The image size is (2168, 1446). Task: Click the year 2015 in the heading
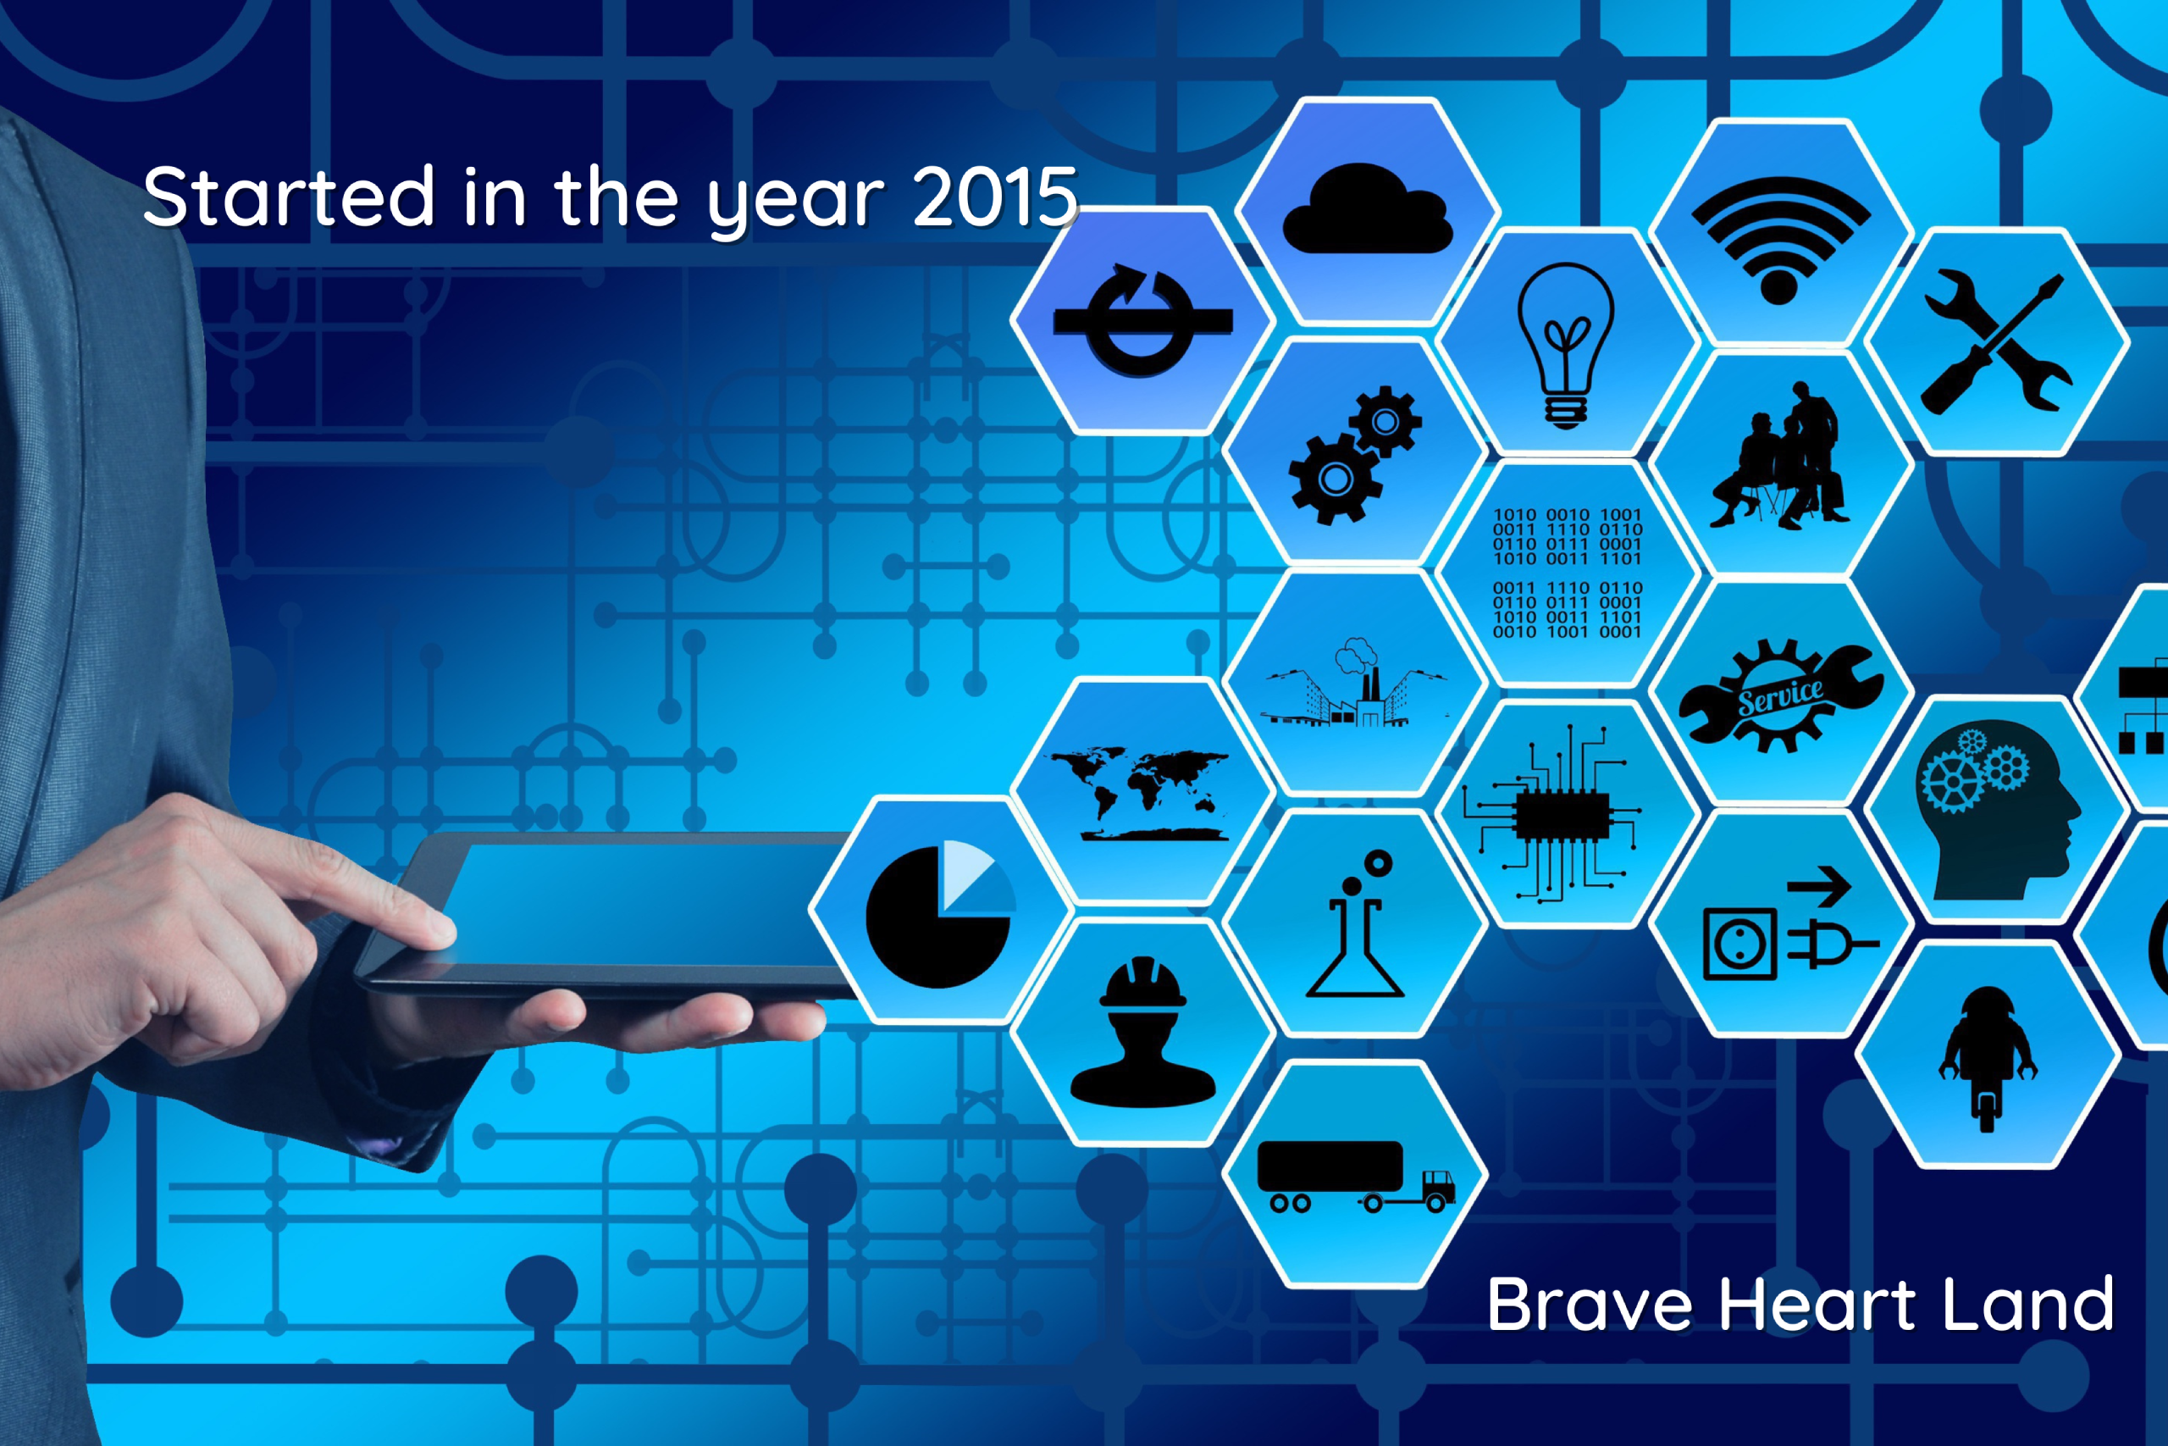pos(996,197)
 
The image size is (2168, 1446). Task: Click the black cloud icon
pos(1367,208)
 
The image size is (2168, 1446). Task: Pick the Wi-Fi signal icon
pos(1780,240)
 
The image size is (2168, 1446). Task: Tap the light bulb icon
pos(1566,346)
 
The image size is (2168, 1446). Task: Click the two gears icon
pos(1355,455)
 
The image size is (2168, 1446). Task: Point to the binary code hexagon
pos(1567,573)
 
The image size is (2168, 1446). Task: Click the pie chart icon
pos(941,914)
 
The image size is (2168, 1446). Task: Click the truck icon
pos(1355,1177)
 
